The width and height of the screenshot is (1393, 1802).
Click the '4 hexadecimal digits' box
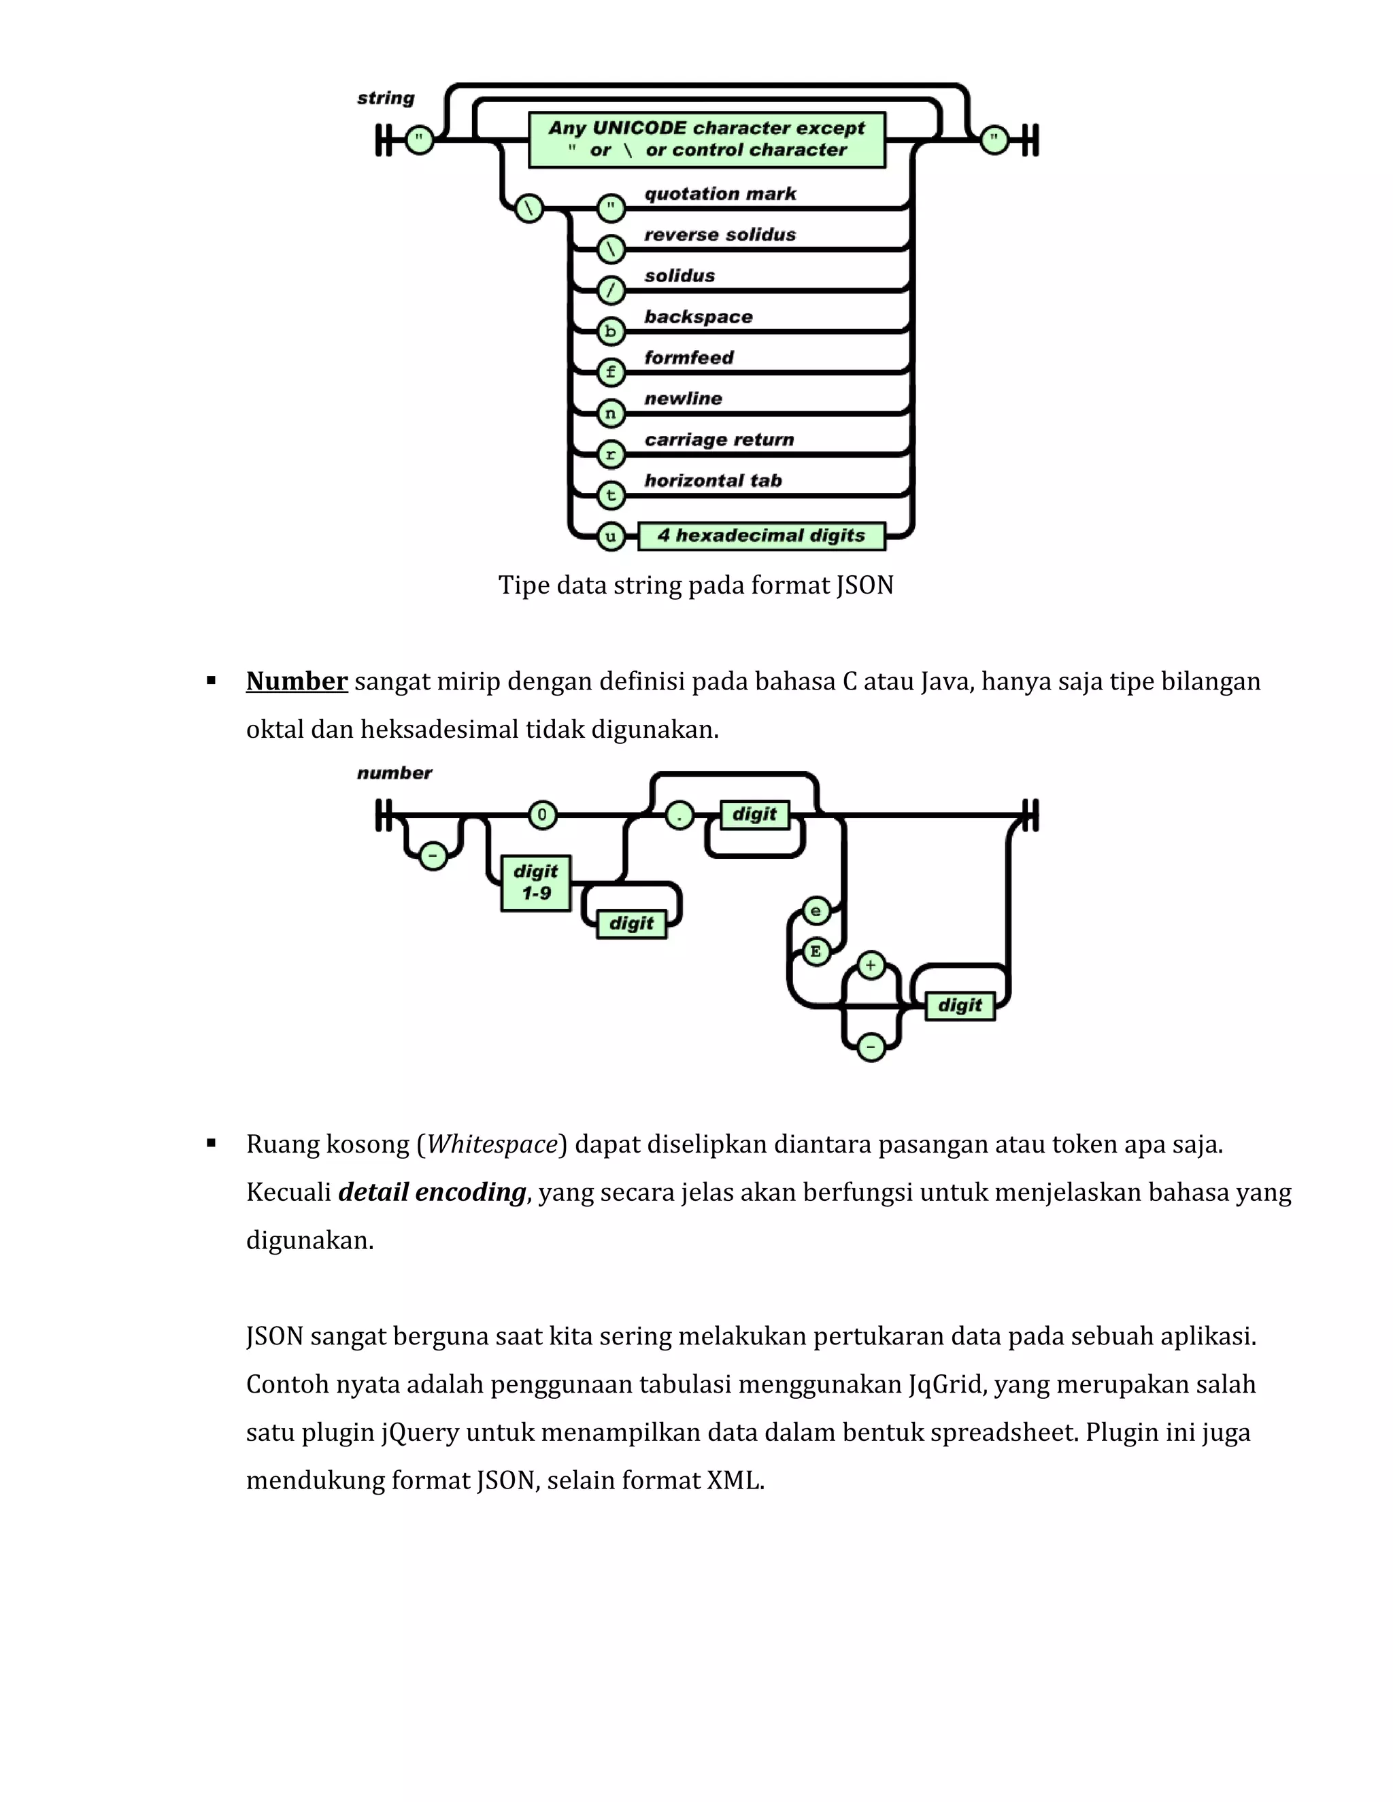[761, 535]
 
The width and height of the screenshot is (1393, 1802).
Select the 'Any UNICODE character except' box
[707, 139]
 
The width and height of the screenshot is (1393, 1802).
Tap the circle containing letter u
[610, 537]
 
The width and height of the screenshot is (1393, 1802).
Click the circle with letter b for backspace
[610, 332]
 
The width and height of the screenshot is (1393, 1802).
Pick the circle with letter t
[610, 495]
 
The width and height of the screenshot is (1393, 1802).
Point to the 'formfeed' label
[688, 357]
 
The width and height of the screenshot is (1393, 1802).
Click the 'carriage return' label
[719, 439]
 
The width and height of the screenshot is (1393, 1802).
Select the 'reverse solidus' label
[720, 235]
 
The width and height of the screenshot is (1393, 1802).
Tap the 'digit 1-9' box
[535, 882]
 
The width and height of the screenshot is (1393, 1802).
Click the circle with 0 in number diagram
[541, 815]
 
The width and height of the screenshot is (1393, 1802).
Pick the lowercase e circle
[816, 911]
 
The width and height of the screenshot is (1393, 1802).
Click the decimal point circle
[679, 816]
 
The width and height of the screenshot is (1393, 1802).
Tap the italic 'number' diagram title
[394, 773]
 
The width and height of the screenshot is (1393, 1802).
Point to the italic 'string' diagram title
[386, 98]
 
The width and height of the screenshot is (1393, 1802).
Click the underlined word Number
[297, 681]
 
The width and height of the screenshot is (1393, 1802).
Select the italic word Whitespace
[492, 1144]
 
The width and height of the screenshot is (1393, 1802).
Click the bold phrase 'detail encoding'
[432, 1191]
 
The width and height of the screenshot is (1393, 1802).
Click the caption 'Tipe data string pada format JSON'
[696, 585]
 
